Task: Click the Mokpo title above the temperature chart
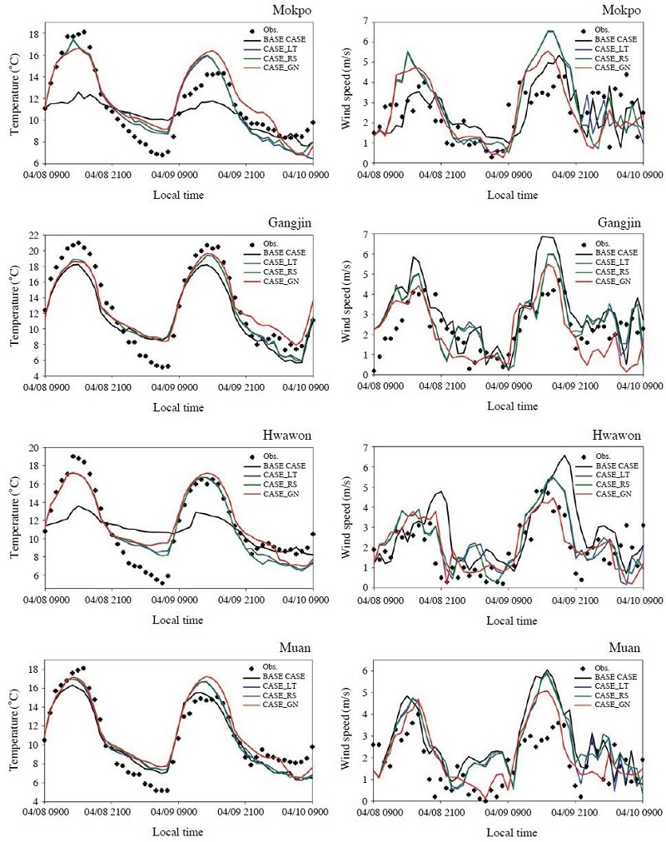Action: click(x=291, y=11)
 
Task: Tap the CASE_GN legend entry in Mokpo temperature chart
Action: click(x=281, y=67)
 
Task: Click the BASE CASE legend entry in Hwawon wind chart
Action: click(x=617, y=466)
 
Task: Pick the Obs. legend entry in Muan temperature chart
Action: click(x=270, y=667)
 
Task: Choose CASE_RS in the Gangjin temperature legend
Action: click(x=281, y=272)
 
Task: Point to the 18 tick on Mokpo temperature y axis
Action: click(x=33, y=34)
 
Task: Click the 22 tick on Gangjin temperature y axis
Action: click(x=33, y=235)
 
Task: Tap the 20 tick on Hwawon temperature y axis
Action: click(x=33, y=448)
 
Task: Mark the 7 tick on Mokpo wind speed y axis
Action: click(x=365, y=21)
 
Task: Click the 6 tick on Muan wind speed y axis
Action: click(x=365, y=670)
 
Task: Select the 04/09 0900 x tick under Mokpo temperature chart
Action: click(x=178, y=175)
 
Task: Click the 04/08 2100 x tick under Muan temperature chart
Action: click(x=111, y=811)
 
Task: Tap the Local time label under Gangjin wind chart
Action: click(x=512, y=406)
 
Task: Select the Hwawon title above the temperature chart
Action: click(x=287, y=436)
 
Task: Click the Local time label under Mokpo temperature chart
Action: click(x=178, y=195)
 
